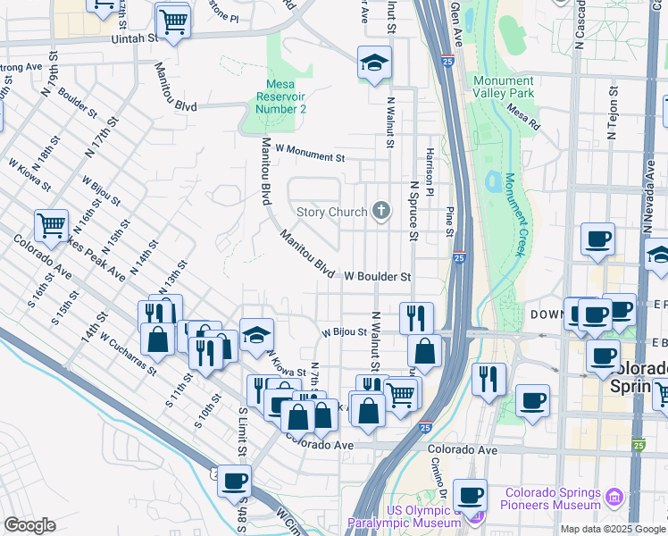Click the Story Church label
click(x=331, y=212)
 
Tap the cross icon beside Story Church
click(x=381, y=212)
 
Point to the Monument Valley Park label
click(x=505, y=88)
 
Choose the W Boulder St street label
click(x=377, y=277)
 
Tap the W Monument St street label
click(x=310, y=156)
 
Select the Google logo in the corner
click(x=29, y=524)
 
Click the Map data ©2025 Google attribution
click(x=613, y=529)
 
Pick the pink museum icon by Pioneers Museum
click(x=614, y=497)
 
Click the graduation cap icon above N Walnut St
click(x=374, y=63)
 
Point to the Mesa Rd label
click(x=523, y=121)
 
